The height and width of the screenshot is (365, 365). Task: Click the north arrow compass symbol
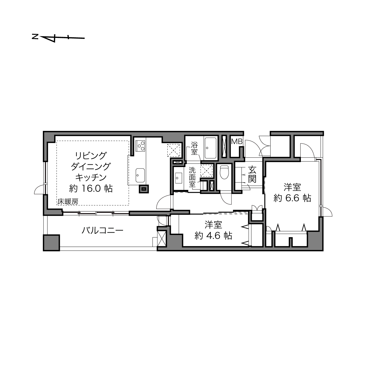58,38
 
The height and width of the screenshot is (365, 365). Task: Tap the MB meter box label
237,141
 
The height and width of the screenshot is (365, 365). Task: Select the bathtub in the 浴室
210,148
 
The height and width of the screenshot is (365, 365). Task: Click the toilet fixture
224,172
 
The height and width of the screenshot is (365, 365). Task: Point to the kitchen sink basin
140,175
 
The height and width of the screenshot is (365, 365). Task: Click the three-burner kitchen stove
141,146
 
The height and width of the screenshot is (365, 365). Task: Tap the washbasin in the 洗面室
178,178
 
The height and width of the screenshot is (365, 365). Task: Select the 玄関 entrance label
252,174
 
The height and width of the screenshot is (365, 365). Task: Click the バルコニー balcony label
102,230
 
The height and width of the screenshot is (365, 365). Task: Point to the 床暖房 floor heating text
68,201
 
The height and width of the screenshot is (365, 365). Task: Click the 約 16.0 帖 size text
91,188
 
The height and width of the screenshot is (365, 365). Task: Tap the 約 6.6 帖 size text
292,198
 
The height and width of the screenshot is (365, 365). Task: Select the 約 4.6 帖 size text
213,236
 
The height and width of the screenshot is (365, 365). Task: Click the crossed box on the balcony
162,239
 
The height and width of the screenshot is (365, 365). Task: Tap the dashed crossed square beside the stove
174,150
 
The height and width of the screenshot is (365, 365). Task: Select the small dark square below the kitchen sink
144,189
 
